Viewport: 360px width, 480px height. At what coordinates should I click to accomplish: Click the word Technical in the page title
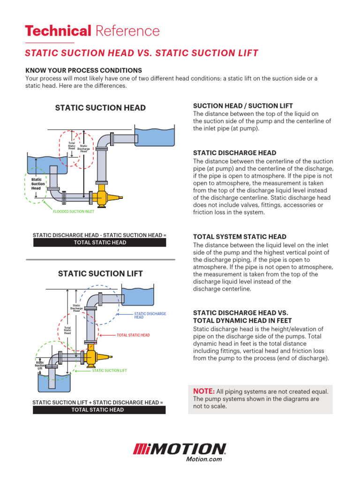tap(58, 31)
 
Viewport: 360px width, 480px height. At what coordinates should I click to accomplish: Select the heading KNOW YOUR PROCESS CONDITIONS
tap(83, 70)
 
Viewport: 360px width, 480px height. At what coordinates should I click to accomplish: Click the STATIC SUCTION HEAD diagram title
tap(100, 108)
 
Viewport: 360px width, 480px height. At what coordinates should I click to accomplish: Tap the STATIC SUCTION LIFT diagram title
tap(100, 274)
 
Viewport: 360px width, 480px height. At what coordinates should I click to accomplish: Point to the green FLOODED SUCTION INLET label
tap(74, 211)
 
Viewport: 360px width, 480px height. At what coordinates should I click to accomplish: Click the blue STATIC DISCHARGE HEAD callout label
tap(150, 315)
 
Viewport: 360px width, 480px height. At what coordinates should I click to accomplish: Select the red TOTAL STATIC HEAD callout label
tap(133, 335)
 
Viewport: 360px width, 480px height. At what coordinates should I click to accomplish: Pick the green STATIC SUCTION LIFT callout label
tap(109, 370)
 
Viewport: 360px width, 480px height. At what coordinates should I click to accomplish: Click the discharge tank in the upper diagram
tap(155, 136)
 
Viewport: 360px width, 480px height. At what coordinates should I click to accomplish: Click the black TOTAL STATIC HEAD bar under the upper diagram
tap(99, 242)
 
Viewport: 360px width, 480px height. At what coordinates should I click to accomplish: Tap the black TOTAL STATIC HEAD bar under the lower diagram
tap(99, 410)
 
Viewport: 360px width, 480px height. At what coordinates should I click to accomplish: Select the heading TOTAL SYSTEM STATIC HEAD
tap(240, 237)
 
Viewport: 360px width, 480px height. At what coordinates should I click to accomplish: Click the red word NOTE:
tap(204, 391)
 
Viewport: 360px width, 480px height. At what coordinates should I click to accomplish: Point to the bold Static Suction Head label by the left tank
tap(38, 184)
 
